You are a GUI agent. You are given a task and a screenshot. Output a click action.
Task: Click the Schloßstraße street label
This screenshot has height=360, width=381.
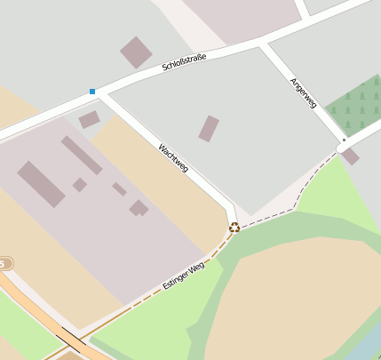tap(185, 63)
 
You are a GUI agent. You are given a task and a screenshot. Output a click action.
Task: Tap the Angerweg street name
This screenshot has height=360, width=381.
tap(303, 92)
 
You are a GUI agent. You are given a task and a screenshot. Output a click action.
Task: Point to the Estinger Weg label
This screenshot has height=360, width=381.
tap(184, 276)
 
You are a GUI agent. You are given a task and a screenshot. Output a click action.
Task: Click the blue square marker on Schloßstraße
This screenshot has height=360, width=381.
tap(91, 91)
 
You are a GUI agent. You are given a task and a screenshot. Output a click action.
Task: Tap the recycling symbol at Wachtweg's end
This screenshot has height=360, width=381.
tap(234, 228)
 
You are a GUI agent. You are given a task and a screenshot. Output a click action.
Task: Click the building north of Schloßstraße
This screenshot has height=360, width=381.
tap(136, 52)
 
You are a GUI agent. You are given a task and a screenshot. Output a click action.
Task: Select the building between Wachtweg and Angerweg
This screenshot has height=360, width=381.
tap(208, 129)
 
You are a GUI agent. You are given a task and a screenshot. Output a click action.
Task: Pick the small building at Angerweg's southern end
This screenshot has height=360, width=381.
tap(350, 156)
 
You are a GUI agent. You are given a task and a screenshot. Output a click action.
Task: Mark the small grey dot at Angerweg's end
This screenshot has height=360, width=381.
tap(343, 140)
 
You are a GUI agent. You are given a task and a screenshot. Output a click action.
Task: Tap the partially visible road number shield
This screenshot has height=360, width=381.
tap(5, 263)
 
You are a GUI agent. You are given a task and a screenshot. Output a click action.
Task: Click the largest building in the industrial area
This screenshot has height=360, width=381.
tap(41, 184)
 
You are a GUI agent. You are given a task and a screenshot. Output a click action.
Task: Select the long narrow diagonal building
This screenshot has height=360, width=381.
tap(82, 156)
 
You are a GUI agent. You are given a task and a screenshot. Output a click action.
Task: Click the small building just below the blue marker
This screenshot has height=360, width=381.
tap(89, 119)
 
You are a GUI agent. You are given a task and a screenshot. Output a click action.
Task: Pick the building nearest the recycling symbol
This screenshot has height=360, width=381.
tap(139, 208)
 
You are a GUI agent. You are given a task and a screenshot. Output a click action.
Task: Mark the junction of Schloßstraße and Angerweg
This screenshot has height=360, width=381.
tap(262, 42)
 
